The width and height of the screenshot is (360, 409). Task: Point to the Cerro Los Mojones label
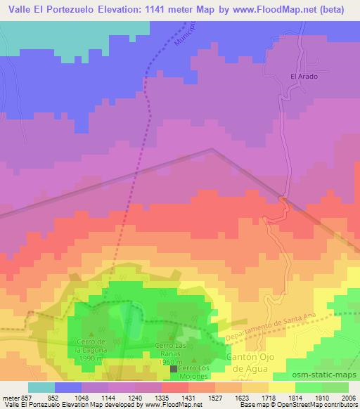195,372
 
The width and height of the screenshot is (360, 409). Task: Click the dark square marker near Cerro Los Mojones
174,368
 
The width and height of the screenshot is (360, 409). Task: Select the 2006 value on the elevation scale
347,397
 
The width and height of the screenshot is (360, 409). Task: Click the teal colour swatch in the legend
41,387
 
